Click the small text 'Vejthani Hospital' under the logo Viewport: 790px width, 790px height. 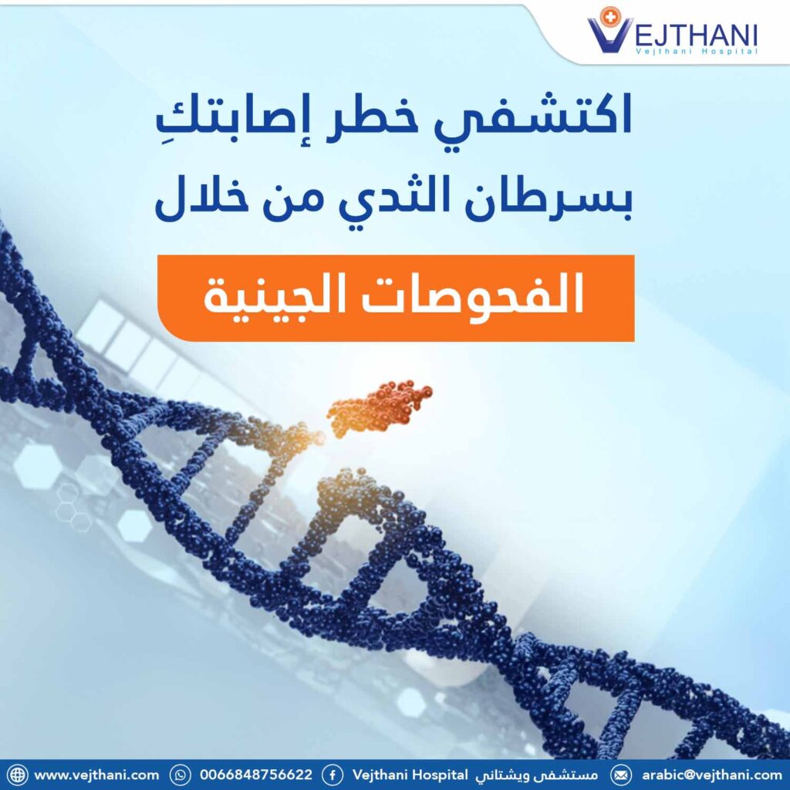[697, 52]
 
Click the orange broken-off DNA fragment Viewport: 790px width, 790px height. [379, 407]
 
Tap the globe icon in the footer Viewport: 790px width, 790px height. [17, 775]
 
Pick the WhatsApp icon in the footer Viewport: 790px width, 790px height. [181, 775]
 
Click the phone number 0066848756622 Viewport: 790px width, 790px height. [256, 775]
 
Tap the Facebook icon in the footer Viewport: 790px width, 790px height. [333, 775]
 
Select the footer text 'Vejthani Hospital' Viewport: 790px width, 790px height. [410, 775]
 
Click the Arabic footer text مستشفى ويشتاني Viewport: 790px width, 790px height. [537, 775]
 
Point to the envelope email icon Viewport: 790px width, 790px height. [621, 775]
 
